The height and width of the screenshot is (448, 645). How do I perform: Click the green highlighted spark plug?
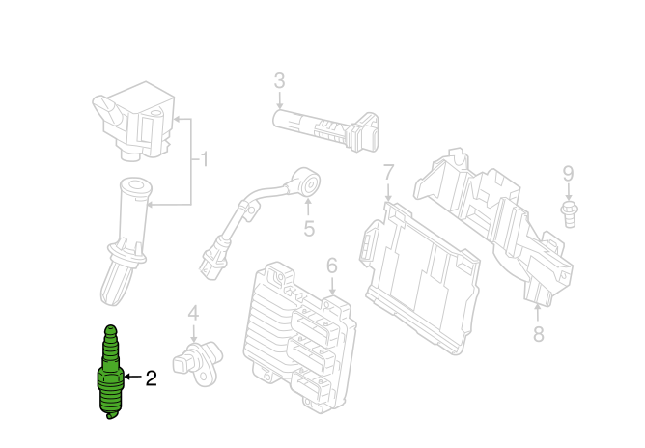coord(111,372)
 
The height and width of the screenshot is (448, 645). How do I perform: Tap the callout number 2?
coord(152,378)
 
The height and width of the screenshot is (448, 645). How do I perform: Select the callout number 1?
coord(204,159)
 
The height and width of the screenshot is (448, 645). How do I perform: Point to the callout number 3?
coord(280,81)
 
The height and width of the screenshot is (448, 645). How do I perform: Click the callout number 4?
coord(193,314)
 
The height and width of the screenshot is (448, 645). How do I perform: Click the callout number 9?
coord(568,174)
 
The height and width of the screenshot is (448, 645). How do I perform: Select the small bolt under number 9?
coord(570,214)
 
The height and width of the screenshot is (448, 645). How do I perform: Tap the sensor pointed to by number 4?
coord(197,362)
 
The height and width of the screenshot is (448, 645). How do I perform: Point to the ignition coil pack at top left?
coord(134,121)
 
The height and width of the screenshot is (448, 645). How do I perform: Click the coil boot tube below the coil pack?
coord(126,241)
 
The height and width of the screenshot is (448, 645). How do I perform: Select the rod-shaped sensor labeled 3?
coord(325,130)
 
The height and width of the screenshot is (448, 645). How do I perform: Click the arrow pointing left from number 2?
coord(133,377)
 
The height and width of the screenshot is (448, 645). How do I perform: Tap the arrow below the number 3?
coord(280,100)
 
